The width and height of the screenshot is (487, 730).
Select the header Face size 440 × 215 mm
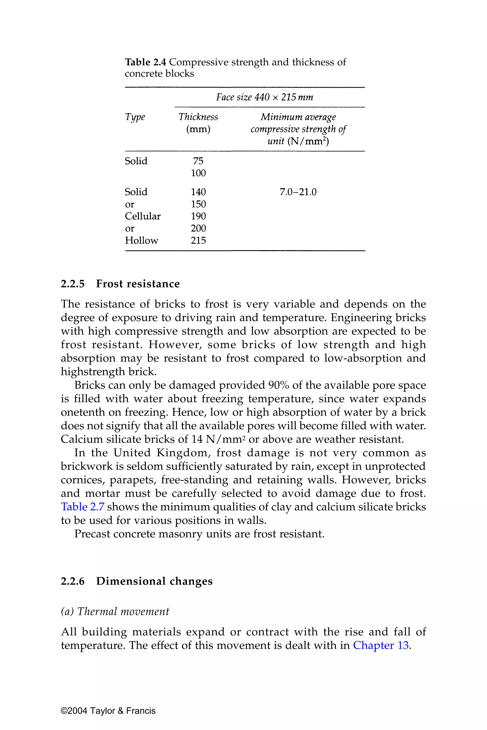click(264, 97)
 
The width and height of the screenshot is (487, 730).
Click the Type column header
click(135, 117)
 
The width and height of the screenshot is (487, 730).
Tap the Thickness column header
click(198, 117)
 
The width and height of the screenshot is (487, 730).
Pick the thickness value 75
click(198, 161)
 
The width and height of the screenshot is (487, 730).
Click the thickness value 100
click(198, 173)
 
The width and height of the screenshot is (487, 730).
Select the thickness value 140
click(198, 192)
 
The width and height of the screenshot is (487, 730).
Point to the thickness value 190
click(198, 216)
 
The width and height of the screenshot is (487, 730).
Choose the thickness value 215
click(198, 240)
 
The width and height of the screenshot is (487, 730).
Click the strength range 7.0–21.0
click(298, 192)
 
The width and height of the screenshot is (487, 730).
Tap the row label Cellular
click(143, 216)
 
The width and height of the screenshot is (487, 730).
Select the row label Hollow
click(141, 240)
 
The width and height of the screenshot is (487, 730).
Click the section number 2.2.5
click(73, 284)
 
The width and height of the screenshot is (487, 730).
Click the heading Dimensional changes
click(154, 581)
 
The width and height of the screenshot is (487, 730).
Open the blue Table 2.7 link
click(82, 507)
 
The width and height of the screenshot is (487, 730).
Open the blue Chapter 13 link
click(381, 645)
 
